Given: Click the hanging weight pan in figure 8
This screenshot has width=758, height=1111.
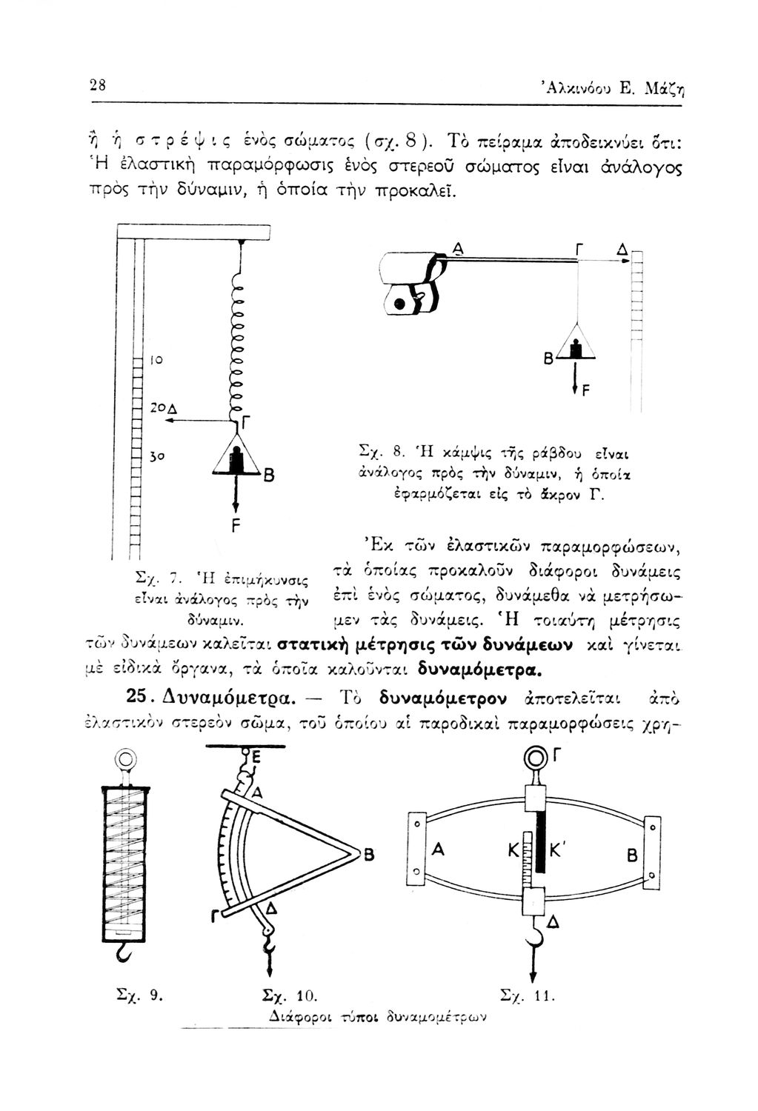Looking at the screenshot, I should [x=575, y=347].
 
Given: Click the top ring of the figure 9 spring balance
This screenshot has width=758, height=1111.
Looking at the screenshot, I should [x=126, y=759].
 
